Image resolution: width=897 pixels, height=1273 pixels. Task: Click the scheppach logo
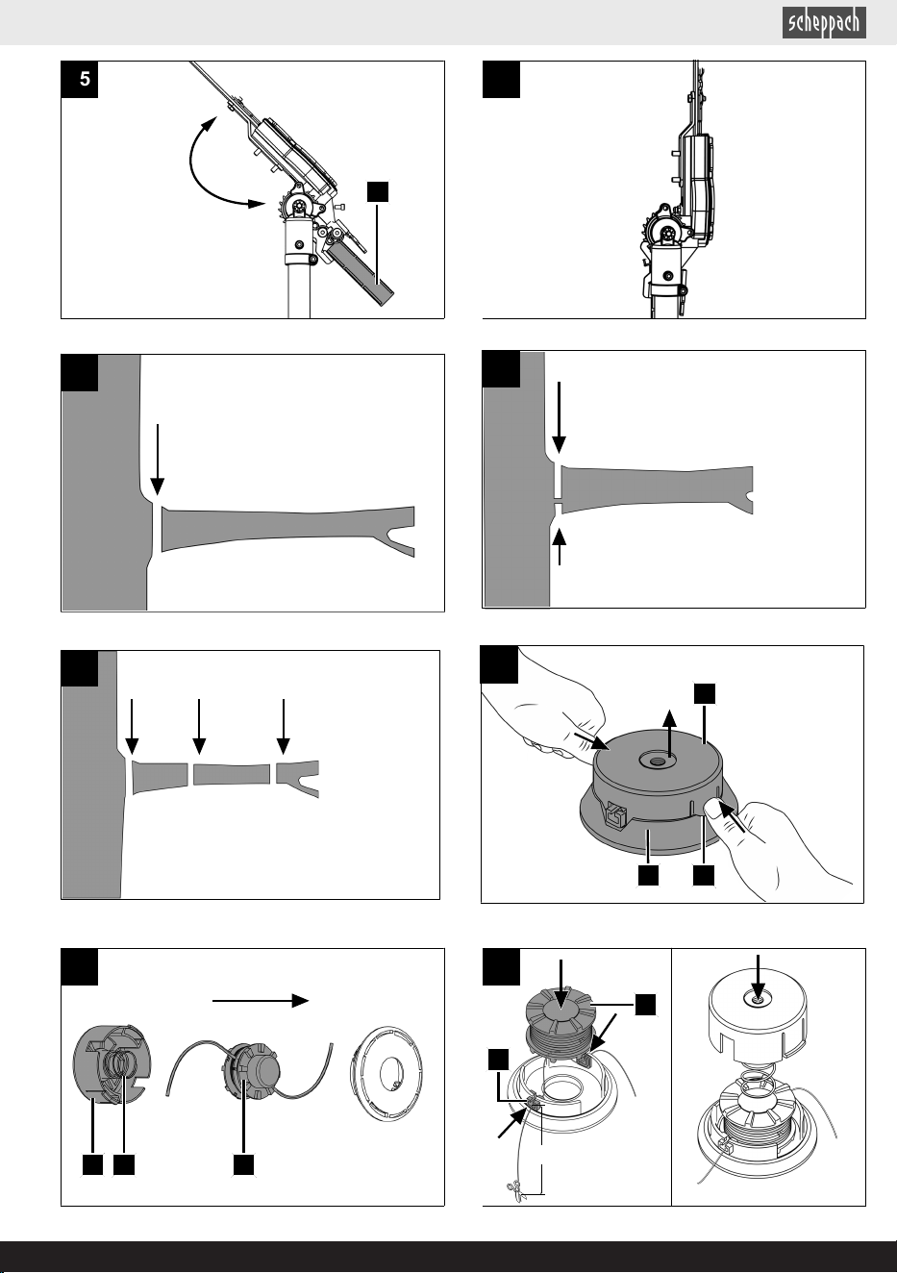click(x=824, y=23)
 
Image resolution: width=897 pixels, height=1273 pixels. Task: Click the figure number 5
click(x=85, y=79)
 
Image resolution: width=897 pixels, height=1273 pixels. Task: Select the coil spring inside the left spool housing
click(x=120, y=1066)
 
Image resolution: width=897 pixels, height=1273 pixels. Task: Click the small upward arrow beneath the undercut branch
click(x=560, y=546)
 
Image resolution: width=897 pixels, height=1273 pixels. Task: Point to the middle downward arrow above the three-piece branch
click(x=199, y=727)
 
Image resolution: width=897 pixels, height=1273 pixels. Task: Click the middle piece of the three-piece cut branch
click(x=232, y=774)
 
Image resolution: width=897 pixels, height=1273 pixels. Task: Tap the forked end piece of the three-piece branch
click(x=297, y=778)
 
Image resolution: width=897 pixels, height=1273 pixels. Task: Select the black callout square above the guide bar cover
click(x=378, y=192)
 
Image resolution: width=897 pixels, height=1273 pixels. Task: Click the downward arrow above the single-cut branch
click(x=158, y=460)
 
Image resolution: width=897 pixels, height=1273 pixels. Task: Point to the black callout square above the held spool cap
click(x=705, y=694)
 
